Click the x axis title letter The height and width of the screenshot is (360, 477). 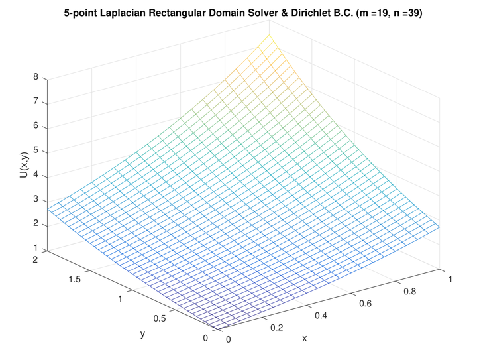(305, 338)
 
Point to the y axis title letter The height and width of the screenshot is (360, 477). (142, 334)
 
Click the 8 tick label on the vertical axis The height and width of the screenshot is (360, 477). (36, 77)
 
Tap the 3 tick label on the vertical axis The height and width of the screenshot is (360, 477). (36, 199)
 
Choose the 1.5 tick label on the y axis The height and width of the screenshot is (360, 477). (74, 279)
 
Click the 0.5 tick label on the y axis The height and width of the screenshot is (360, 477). (160, 318)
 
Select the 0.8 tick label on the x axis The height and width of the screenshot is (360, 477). (410, 292)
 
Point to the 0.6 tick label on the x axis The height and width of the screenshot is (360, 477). (365, 304)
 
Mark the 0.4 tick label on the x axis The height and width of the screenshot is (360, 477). (321, 316)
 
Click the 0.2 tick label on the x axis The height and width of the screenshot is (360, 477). (276, 328)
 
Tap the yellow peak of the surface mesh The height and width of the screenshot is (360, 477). (269, 35)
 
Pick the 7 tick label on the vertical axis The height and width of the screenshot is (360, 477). (36, 101)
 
